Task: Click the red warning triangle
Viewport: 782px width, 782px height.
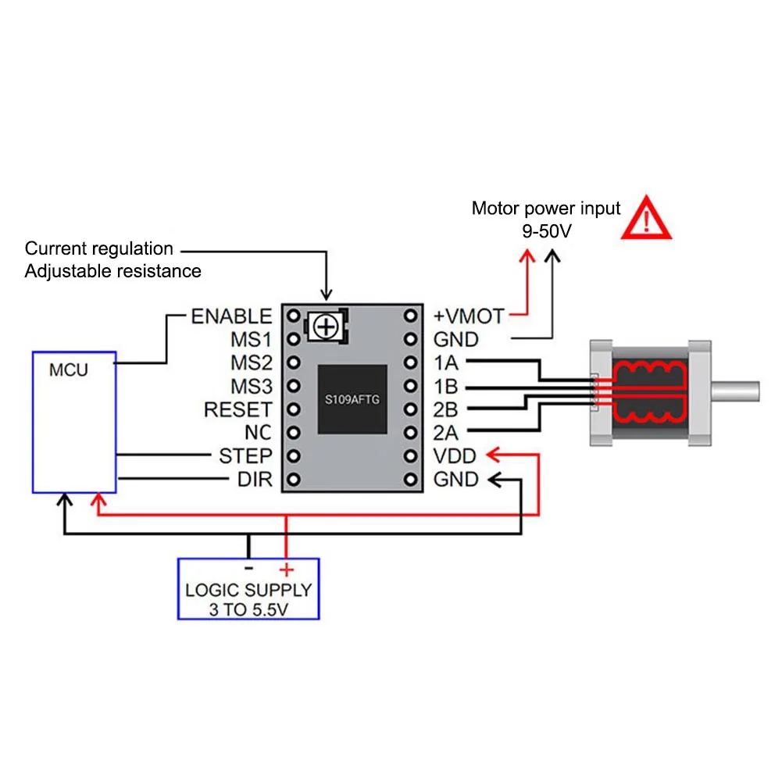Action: point(646,219)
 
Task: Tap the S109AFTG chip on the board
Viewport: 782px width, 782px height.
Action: point(352,399)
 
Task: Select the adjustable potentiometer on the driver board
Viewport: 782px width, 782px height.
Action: point(327,327)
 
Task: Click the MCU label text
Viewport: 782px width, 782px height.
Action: point(69,370)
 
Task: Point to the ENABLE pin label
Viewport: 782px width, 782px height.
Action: point(231,316)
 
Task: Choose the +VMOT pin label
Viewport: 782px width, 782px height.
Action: point(468,316)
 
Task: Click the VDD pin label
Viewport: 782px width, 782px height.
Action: point(455,455)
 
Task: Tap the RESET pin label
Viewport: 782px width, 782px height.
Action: point(238,409)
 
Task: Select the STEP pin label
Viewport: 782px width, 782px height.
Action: point(245,455)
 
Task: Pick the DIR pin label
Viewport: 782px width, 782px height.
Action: point(255,479)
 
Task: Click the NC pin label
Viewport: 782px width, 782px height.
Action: point(258,433)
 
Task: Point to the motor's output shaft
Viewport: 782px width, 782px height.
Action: point(735,391)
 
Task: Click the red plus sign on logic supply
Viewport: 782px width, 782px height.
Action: point(286,569)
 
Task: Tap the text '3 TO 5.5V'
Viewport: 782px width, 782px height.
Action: point(248,609)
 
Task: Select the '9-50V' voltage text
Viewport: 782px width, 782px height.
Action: point(547,231)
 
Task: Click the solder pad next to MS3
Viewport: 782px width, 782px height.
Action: point(294,386)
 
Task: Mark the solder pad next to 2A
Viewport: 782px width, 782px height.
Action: point(410,432)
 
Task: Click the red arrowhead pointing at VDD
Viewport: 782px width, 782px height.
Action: point(494,455)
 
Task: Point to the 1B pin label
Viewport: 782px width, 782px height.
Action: point(445,387)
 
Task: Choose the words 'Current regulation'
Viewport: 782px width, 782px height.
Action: point(98,248)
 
